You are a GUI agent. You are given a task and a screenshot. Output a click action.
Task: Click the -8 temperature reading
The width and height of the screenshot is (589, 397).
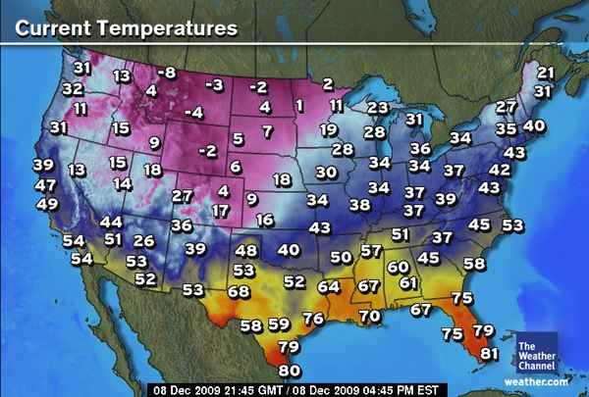tap(167, 74)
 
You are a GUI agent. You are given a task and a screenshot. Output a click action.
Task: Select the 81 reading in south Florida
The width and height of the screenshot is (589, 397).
tap(490, 354)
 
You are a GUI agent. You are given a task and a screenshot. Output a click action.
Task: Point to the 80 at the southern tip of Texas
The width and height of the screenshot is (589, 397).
tap(289, 371)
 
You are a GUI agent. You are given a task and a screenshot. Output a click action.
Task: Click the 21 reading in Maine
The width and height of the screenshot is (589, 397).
tap(547, 74)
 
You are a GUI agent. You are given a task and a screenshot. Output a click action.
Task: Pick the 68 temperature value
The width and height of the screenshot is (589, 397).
tap(239, 291)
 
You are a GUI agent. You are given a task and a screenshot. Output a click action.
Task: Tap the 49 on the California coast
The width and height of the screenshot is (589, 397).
tap(46, 205)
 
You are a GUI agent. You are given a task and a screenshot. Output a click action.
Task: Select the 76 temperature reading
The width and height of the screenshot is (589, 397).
tap(313, 319)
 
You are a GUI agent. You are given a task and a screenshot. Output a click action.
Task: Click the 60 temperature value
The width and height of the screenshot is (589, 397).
tap(399, 267)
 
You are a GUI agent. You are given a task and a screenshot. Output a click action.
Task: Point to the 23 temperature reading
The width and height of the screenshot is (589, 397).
tap(378, 108)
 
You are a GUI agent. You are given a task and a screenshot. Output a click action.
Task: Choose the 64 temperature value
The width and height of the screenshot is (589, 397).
tap(329, 286)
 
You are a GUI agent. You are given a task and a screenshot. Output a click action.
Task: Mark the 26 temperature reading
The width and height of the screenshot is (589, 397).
tap(143, 241)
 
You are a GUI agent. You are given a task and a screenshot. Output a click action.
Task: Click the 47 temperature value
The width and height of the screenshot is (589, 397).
tap(45, 185)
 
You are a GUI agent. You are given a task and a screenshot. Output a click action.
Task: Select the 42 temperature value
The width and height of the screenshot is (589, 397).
tap(499, 169)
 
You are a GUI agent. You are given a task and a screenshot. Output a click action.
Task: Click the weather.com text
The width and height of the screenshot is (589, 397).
tap(537, 380)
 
